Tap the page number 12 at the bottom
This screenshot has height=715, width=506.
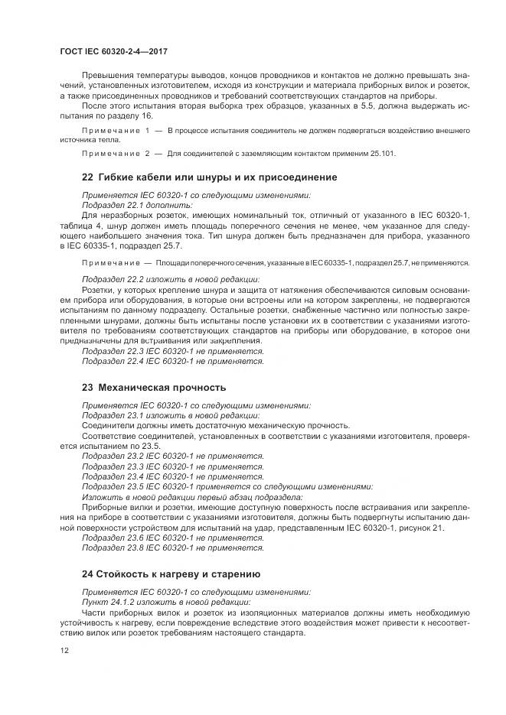pos(64,650)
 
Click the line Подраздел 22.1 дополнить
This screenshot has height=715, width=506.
pos(138,205)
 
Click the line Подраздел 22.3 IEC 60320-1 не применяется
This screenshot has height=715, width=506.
pos(173,351)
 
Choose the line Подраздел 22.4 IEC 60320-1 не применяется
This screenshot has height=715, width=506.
pos(173,361)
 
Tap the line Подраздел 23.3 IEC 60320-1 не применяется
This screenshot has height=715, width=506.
pos(173,466)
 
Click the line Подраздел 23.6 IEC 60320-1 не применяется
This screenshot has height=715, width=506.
pos(173,538)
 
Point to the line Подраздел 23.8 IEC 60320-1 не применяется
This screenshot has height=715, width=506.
pos(173,548)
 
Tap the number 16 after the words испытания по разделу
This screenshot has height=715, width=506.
pos(147,115)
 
